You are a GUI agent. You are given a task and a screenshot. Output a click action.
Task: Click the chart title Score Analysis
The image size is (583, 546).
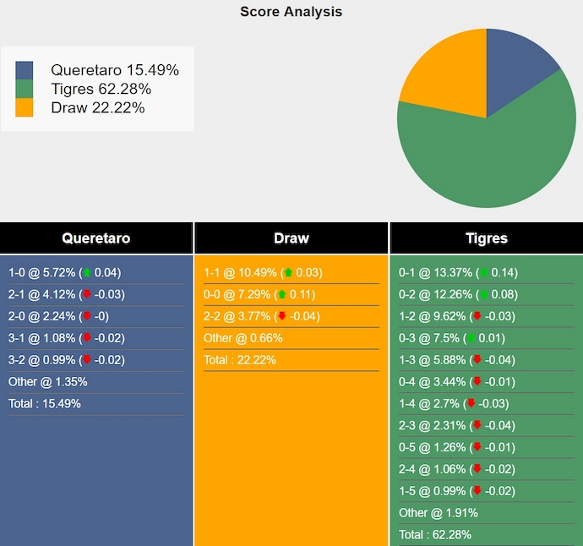pyautogui.click(x=291, y=12)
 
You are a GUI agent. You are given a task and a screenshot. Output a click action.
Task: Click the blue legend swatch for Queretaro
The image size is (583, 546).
pyautogui.click(x=25, y=70)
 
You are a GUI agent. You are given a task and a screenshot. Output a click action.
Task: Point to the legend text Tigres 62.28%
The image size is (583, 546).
pyautogui.click(x=101, y=89)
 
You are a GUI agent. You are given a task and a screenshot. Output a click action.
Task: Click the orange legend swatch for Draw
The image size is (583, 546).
pyautogui.click(x=25, y=107)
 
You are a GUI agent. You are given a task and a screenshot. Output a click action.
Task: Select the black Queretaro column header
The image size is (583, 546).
pyautogui.click(x=96, y=238)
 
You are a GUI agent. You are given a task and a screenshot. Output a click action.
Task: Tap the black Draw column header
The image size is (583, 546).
pyautogui.click(x=291, y=238)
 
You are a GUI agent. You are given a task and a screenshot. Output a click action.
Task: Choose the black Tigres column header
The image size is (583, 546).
pyautogui.click(x=487, y=238)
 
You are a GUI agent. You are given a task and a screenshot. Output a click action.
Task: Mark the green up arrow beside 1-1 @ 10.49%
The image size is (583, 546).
pyautogui.click(x=288, y=273)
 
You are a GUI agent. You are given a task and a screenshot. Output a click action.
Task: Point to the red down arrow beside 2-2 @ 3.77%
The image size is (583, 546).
pyautogui.click(x=282, y=317)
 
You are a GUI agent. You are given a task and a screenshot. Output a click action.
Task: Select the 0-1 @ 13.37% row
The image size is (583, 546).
pyautogui.click(x=458, y=273)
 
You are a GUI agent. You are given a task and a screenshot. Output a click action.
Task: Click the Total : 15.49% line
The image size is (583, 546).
pyautogui.click(x=45, y=404)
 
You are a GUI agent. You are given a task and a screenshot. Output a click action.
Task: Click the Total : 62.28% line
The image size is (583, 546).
pyautogui.click(x=435, y=534)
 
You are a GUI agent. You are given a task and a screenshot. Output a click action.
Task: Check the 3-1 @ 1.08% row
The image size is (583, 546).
pyautogui.click(x=65, y=338)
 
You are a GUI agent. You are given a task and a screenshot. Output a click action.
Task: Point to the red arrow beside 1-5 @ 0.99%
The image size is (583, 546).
pyautogui.click(x=477, y=491)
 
